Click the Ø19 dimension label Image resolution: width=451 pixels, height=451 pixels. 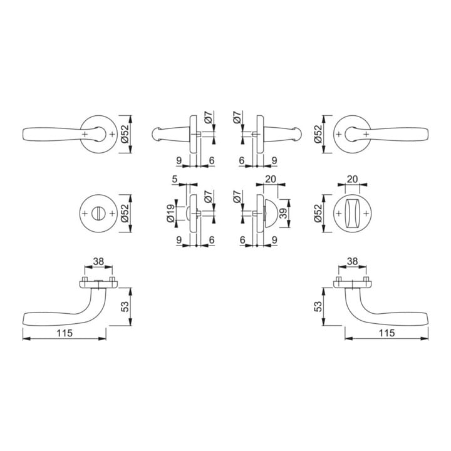tap(170, 213)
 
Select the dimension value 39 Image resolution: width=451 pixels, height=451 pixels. tap(284, 213)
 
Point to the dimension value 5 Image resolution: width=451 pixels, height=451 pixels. tap(175, 179)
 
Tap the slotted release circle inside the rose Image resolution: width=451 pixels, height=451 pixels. tap(98, 214)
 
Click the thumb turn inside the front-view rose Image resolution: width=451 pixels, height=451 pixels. tap(352, 214)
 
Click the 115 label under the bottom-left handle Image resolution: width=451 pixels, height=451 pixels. tap(65, 333)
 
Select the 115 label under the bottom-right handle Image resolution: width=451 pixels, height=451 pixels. tap(386, 333)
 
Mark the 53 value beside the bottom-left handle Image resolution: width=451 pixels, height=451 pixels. tap(125, 306)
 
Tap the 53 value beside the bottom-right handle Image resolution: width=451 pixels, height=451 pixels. tap(318, 306)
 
